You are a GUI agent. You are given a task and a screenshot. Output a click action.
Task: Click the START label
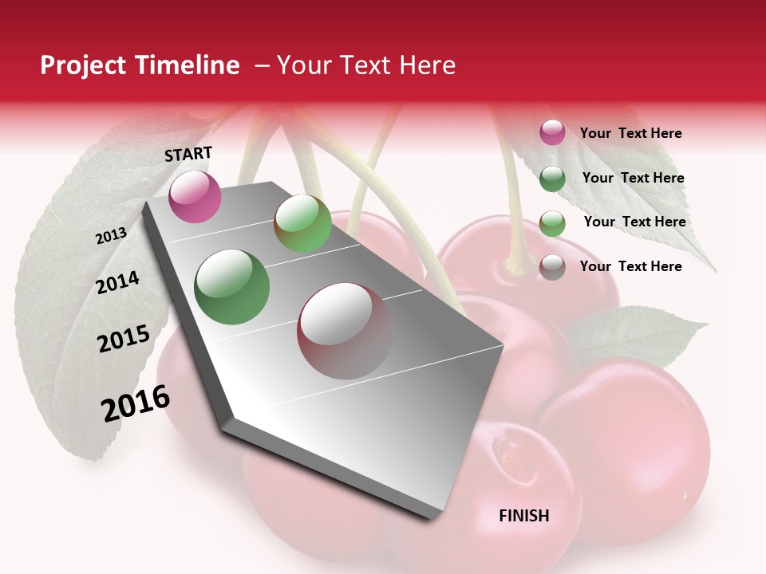188,154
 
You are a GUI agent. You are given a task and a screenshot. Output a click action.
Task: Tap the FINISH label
524,516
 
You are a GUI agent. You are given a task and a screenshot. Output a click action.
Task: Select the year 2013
111,236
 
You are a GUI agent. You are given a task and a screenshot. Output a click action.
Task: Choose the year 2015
124,339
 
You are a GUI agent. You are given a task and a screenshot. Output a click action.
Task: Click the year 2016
136,403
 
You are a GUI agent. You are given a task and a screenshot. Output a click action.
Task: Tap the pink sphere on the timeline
195,196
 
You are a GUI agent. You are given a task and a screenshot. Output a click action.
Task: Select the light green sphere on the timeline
302,223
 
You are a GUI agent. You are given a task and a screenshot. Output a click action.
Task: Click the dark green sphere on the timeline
232,287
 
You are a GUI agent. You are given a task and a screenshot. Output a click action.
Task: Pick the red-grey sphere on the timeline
345,331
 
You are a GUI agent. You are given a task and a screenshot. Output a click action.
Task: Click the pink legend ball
552,133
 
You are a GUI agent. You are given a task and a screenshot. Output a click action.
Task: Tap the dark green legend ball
552,179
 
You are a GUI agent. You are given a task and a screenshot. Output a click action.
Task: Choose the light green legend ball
552,223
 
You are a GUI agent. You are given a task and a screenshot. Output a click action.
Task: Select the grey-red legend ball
552,267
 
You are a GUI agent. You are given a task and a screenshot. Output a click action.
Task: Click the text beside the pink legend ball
630,133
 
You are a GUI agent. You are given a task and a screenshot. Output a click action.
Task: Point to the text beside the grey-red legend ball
630,266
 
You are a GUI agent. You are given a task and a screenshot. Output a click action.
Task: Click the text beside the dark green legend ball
633,178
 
